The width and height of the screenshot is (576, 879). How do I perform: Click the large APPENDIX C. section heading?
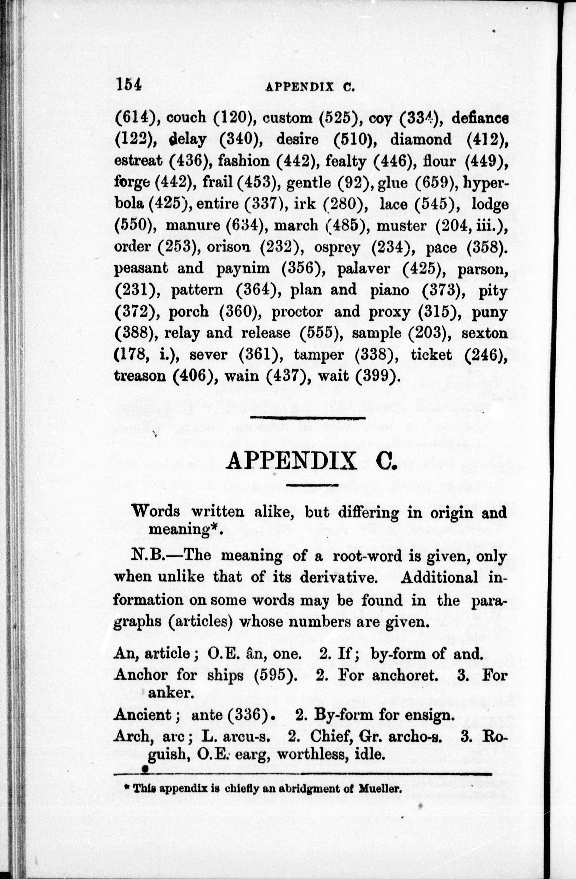click(x=311, y=462)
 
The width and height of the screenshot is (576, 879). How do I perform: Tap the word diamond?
click(x=421, y=140)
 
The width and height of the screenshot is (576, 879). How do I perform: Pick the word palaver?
click(x=364, y=268)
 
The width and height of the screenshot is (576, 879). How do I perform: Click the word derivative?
click(x=339, y=576)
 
